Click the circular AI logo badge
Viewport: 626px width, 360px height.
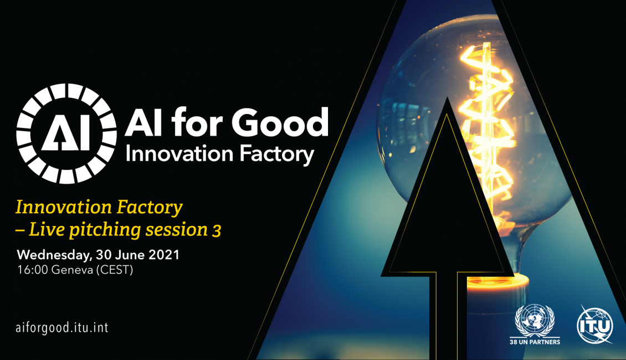[66, 133]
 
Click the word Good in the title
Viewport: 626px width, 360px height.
[280, 122]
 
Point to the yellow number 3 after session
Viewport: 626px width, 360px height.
[217, 231]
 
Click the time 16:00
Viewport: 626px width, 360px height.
[33, 270]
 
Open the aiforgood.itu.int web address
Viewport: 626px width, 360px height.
[62, 328]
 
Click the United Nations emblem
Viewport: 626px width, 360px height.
[535, 321]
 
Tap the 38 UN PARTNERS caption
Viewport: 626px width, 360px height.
[535, 342]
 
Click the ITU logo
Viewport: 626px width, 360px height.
[596, 325]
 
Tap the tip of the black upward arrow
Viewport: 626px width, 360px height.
[447, 98]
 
